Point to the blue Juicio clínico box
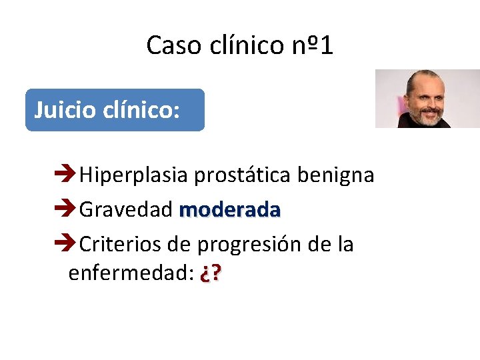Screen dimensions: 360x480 [x=115, y=110]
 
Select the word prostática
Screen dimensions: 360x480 [x=243, y=175]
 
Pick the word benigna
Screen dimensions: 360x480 [x=335, y=175]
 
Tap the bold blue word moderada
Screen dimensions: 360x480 [x=230, y=210]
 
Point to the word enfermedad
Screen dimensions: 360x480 [x=127, y=273]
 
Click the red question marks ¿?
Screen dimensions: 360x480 [x=211, y=273]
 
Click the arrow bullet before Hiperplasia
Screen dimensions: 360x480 [x=65, y=175]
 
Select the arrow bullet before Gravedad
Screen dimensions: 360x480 [x=65, y=210]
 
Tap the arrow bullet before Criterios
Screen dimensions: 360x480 [x=65, y=245]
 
